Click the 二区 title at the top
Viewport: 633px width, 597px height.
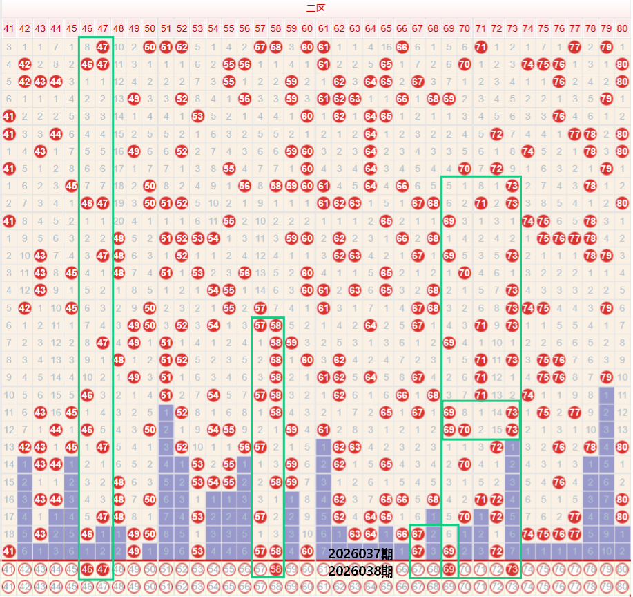[x=315, y=8]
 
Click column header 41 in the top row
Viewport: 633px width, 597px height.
[x=8, y=28]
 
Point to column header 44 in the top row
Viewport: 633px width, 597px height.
[x=56, y=28]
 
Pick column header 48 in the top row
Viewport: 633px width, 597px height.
[x=119, y=28]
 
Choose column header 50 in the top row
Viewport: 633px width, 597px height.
[x=150, y=28]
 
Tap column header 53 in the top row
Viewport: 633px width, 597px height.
[x=197, y=28]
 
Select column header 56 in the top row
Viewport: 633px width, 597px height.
[x=244, y=28]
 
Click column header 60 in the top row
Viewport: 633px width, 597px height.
[x=307, y=28]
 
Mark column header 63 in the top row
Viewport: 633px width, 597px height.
[x=355, y=28]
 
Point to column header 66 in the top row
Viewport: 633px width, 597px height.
[x=402, y=28]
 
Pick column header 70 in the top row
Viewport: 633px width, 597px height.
[x=465, y=28]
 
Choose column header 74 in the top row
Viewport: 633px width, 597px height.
[x=528, y=28]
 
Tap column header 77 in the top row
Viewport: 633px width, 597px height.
[x=575, y=28]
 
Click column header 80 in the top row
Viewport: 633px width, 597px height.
[x=623, y=28]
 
